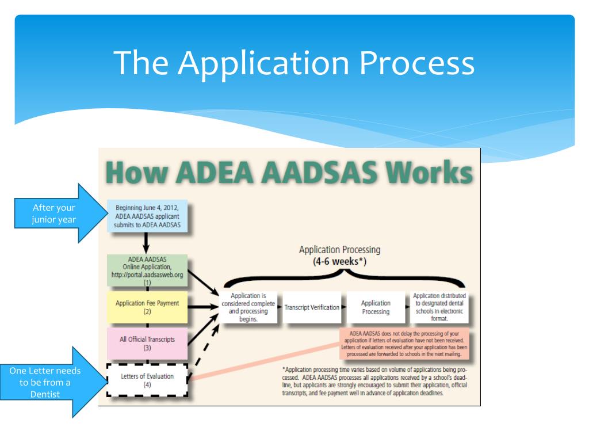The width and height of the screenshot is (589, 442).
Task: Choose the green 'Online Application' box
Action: tap(147, 270)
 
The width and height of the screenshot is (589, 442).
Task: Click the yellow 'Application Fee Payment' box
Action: tap(147, 307)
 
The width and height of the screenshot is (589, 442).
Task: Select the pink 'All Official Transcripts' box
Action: tap(147, 344)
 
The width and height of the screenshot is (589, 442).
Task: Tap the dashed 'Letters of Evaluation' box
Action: tap(147, 380)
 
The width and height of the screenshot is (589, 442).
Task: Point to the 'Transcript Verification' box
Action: tap(312, 307)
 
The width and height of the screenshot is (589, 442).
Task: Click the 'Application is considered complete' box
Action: tap(247, 307)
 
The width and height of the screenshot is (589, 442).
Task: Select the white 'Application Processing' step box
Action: tap(375, 307)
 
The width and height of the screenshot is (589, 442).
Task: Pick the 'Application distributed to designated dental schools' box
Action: tap(439, 307)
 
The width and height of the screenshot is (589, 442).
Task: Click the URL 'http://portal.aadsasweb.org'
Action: tap(147, 275)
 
